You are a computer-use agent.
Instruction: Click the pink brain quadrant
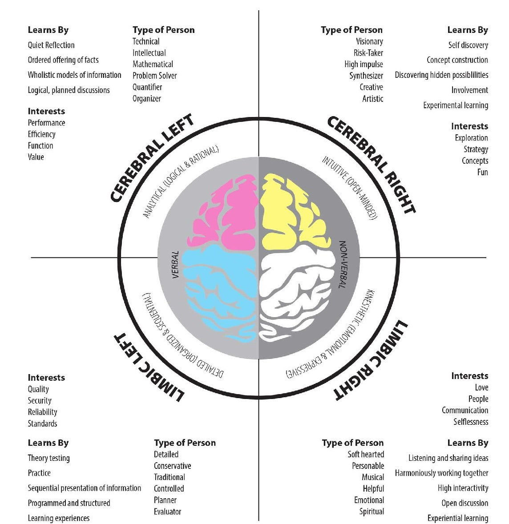(227, 214)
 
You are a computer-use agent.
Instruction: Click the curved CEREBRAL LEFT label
(152, 157)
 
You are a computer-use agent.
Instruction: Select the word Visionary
(369, 41)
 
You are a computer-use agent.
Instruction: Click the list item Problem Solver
(154, 76)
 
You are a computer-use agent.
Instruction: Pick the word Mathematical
(153, 64)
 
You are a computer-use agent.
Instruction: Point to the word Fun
(482, 172)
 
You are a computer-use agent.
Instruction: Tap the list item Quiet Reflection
(51, 45)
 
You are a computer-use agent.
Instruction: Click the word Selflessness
(471, 422)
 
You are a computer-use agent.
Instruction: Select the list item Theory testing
(48, 458)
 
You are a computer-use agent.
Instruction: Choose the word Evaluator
(167, 512)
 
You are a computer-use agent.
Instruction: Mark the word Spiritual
(372, 512)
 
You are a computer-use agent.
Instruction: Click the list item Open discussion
(465, 503)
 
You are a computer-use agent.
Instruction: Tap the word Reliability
(42, 412)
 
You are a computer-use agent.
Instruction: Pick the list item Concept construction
(457, 60)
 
